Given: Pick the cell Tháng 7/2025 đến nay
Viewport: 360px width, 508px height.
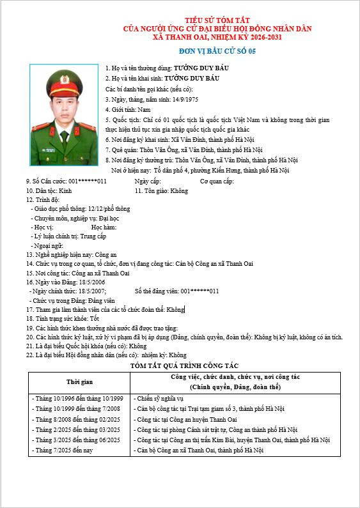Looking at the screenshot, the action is click(63, 450).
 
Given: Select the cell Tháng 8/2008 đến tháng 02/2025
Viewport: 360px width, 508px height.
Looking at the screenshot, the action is click(76, 419).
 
